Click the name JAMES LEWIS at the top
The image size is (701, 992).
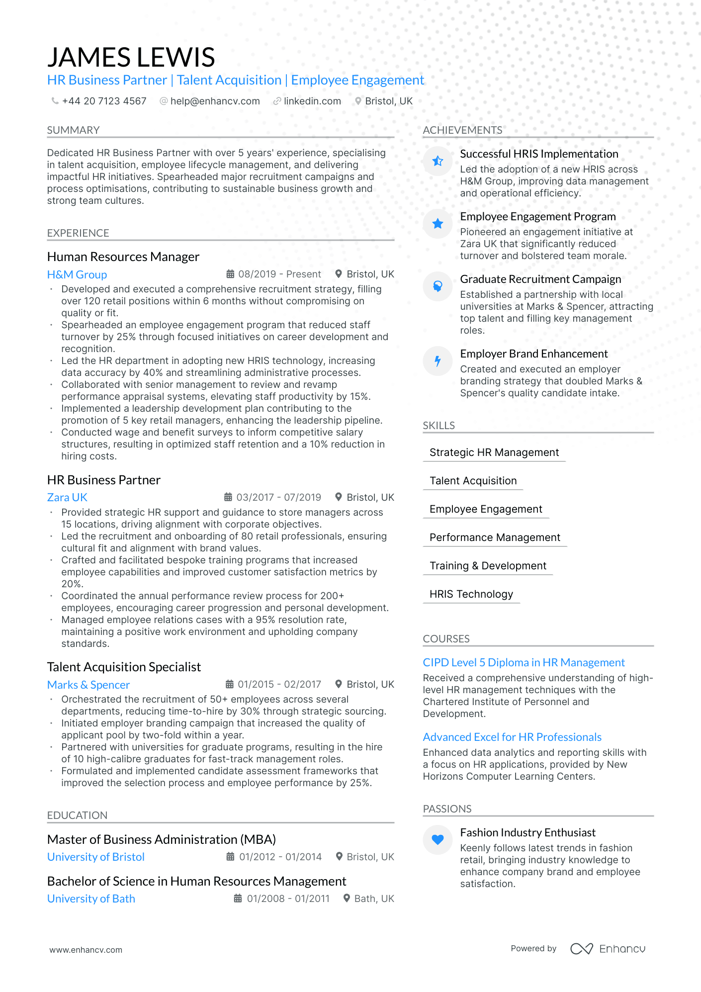pos(131,57)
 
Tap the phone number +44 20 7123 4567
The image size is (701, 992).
pos(104,101)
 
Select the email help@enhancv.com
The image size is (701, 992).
pos(215,101)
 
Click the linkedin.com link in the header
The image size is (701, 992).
pos(312,101)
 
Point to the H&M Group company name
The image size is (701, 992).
pos(77,274)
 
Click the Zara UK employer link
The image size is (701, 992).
pos(67,497)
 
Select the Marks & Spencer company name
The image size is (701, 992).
pos(88,685)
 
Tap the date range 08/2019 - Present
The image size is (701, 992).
pos(279,274)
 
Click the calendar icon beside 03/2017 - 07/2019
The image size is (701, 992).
pos(228,497)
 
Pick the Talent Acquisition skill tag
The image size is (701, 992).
pos(473,481)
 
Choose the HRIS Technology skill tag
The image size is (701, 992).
pos(471,594)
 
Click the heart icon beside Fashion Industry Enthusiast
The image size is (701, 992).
pos(438,840)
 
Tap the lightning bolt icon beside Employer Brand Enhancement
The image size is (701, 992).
pos(438,361)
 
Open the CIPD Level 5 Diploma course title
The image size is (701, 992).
pos(524,662)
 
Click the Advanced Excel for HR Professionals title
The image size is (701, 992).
pos(512,737)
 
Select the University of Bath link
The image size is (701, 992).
pos(91,899)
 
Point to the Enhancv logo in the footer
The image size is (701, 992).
pos(608,949)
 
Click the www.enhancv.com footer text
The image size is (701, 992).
pos(86,950)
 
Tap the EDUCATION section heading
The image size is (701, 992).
pos(77,815)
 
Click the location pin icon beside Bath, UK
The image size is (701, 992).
pos(347,898)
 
